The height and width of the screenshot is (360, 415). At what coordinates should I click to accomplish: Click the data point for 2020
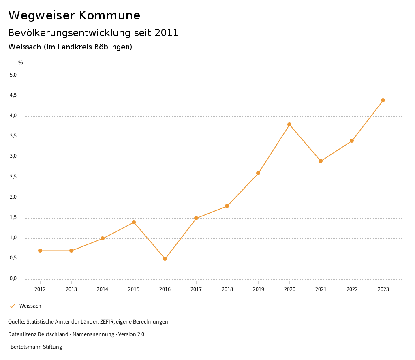point(289,124)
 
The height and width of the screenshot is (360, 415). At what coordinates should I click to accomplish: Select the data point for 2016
point(165,259)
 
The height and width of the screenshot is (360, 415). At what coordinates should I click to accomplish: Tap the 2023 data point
point(383,100)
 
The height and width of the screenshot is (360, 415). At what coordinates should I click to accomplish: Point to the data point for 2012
point(40,251)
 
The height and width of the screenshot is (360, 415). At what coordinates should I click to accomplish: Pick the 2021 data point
point(321,161)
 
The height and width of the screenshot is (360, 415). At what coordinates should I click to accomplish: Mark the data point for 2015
point(134,222)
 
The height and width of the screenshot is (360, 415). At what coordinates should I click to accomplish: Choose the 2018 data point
point(227,206)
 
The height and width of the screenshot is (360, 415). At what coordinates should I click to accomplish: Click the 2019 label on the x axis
point(258,289)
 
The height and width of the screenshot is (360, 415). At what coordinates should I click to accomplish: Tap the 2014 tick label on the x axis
point(103,289)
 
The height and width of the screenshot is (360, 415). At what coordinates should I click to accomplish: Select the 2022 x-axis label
point(352,289)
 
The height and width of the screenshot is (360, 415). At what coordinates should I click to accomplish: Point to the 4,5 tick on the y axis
point(13,95)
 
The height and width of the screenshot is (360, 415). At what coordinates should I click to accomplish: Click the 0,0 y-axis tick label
point(13,279)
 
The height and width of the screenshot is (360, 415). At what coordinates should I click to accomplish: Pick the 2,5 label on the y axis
point(13,177)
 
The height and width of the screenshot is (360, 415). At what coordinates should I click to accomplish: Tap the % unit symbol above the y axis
point(21,62)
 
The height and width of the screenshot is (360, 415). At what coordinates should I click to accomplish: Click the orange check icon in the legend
point(12,306)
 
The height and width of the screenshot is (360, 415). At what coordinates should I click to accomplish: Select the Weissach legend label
point(30,306)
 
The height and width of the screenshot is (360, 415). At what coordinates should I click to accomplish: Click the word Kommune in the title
point(109,15)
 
